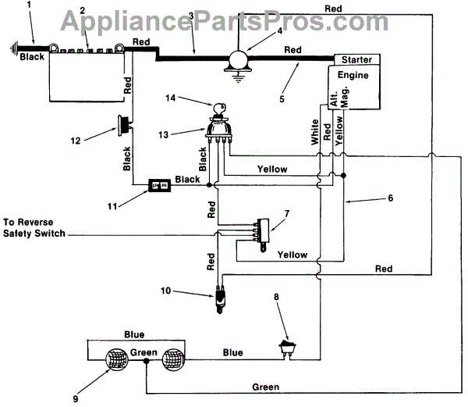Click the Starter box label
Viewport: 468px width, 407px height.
click(357, 59)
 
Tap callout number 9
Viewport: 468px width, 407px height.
click(75, 398)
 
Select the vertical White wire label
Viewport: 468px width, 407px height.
click(315, 132)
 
